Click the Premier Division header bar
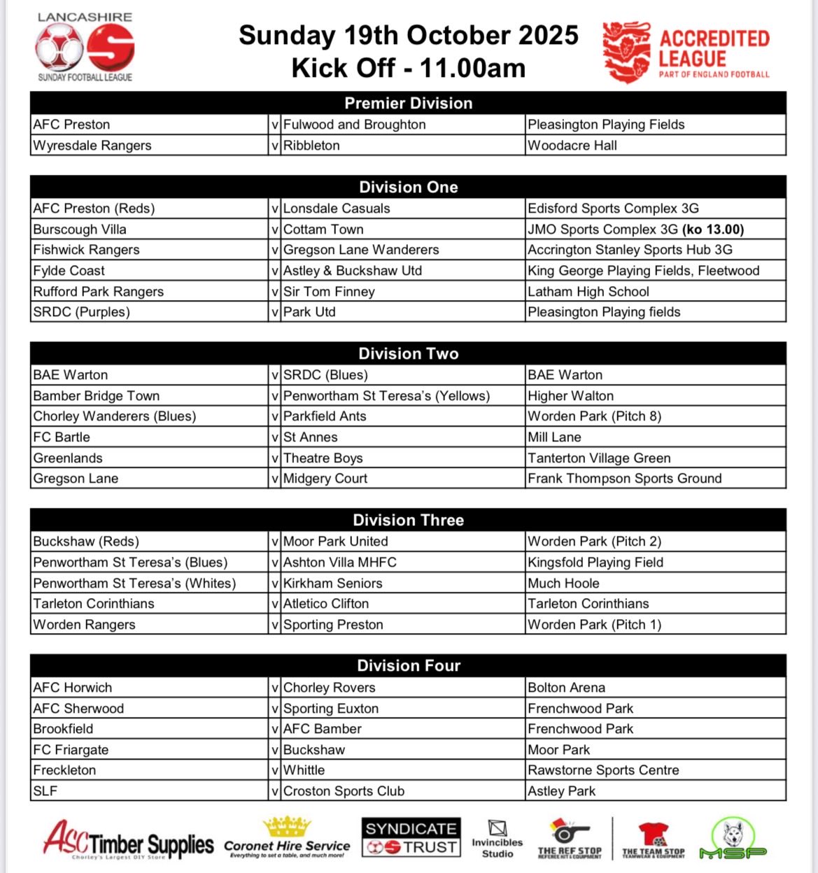coord(408,103)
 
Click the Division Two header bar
coord(408,353)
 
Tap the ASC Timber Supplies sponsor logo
coord(128,839)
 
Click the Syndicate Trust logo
coord(411,837)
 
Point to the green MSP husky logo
coord(733,838)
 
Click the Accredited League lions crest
coord(626,52)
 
